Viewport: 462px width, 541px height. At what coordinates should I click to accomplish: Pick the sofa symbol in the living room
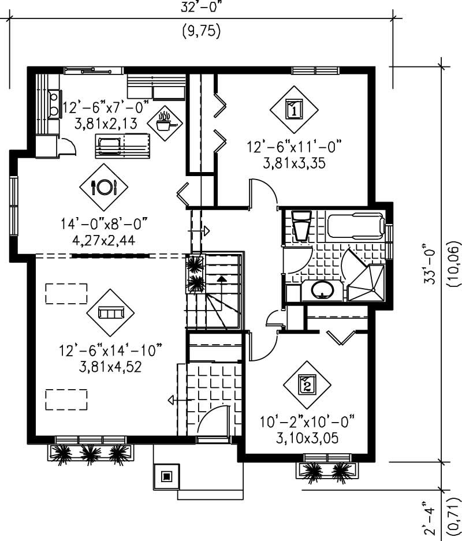coord(110,313)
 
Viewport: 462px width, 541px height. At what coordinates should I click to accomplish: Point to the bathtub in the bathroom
coord(355,226)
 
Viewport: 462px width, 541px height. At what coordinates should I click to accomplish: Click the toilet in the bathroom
coord(301,226)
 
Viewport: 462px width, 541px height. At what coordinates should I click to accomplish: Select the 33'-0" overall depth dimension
coord(428,262)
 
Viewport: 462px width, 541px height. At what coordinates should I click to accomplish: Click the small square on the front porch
coord(167,476)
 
